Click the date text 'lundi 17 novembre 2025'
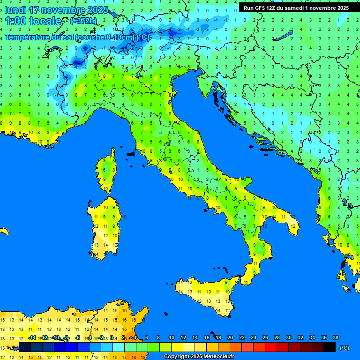[x=56, y=10]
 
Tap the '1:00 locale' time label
[x=33, y=21]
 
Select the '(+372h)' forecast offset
[x=83, y=21]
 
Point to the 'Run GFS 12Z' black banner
[x=296, y=8]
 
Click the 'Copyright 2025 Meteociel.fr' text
[x=199, y=356]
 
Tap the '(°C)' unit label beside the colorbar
[x=344, y=348]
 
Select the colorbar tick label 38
[x=335, y=337]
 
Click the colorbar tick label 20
[x=230, y=337]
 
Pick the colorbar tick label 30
[x=288, y=337]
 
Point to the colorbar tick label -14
[x=32, y=337]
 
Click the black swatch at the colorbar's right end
[x=330, y=347]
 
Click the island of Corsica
[x=108, y=171]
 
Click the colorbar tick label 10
[x=171, y=337]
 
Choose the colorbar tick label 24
[x=253, y=337]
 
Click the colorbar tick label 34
[x=312, y=337]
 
